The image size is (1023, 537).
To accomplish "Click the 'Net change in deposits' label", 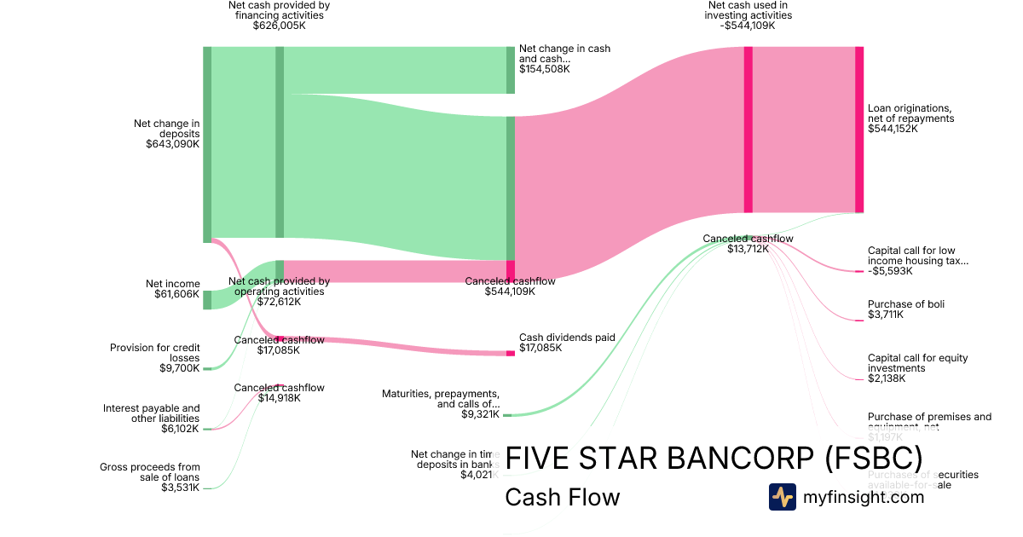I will click(x=166, y=129).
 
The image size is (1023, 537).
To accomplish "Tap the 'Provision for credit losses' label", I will click(x=155, y=353).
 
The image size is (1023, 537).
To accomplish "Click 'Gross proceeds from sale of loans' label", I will click(x=149, y=471).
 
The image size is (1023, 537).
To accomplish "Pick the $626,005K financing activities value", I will click(x=279, y=26).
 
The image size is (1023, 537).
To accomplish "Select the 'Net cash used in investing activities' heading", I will click(x=748, y=10).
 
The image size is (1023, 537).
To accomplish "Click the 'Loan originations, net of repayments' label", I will click(x=910, y=113).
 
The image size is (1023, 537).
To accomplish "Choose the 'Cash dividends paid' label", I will click(x=567, y=338).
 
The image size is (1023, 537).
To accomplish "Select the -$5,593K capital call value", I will click(x=890, y=271).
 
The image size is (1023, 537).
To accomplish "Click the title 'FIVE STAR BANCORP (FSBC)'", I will click(x=713, y=457).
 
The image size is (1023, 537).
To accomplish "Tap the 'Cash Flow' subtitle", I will click(x=562, y=497).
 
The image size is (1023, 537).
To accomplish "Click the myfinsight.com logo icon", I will click(x=782, y=497).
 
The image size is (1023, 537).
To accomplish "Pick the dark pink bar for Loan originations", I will click(x=859, y=130).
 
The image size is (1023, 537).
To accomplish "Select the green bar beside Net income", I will click(x=207, y=299).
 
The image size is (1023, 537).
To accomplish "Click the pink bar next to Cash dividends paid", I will click(x=511, y=353).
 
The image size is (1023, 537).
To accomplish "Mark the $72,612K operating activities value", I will click(x=279, y=302).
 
